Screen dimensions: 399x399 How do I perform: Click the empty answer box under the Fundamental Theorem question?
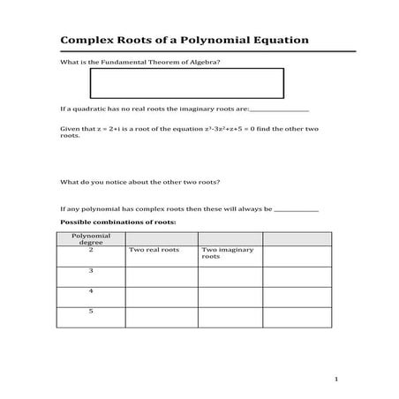click(186, 82)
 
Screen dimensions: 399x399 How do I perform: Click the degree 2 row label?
click(90, 251)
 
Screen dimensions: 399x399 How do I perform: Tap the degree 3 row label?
click(90, 271)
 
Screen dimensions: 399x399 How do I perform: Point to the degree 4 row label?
click(90, 291)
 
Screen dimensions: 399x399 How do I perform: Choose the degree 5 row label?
click(90, 312)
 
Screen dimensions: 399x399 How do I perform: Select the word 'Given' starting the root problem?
click(69, 129)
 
